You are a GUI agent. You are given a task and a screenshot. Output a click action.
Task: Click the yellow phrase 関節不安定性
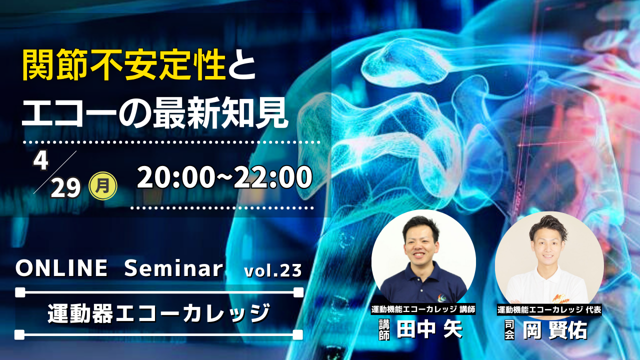124,66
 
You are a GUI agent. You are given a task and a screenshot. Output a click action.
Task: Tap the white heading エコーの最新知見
154,113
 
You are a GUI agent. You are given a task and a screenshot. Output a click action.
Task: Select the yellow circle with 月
103,185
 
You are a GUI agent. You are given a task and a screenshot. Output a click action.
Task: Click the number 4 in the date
41,161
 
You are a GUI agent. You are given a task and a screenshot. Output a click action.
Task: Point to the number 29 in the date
65,188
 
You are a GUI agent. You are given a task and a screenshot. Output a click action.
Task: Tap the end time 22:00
273,177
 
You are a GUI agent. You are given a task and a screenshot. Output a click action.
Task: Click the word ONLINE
61,268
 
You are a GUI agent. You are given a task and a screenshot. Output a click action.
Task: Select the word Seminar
173,268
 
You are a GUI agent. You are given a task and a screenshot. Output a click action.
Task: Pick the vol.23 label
273,270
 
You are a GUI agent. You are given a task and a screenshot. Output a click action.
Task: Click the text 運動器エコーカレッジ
158,313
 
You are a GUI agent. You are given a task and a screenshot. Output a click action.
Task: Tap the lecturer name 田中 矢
429,329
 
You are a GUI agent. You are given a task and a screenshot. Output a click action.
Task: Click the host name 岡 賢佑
555,330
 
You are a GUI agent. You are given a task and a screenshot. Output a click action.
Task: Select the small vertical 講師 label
384,330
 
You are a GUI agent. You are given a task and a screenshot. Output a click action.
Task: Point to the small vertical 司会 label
509,329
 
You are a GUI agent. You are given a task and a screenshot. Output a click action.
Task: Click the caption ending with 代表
549,309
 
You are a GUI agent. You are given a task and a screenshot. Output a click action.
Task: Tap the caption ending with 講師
423,309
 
